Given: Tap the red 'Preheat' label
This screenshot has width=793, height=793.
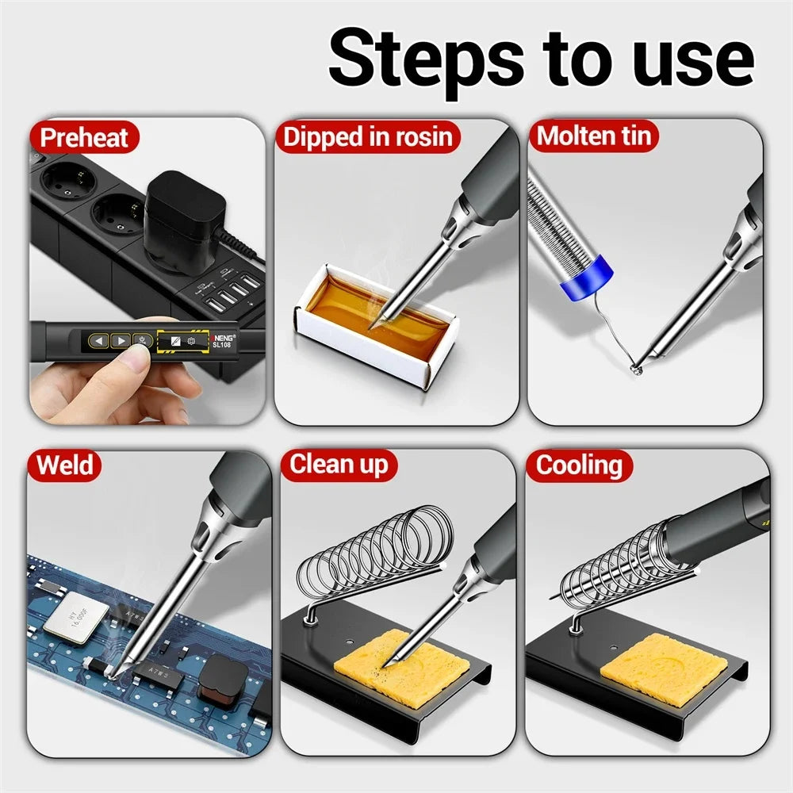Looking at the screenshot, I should tap(83, 137).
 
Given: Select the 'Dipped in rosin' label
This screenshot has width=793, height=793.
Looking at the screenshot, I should tap(368, 137).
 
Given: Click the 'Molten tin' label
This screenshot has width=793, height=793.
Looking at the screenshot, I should tap(594, 136).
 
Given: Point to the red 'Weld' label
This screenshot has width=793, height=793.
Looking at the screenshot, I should tap(64, 465).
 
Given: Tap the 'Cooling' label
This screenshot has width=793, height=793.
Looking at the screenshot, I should tap(580, 465).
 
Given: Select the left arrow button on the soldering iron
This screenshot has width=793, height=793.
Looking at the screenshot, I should tap(98, 341).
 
